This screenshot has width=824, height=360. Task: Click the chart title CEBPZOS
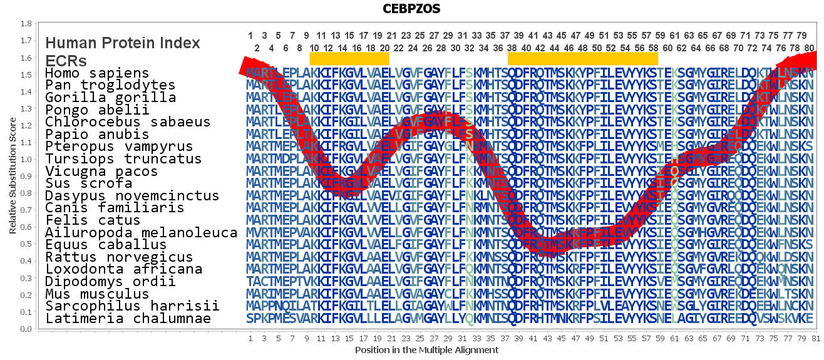pyautogui.click(x=411, y=9)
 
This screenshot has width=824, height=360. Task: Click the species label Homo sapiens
pyautogui.click(x=97, y=73)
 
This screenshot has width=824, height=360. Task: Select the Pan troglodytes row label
pyautogui.click(x=110, y=85)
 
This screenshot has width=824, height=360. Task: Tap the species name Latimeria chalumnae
pyautogui.click(x=127, y=319)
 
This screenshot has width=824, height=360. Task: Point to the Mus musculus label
pyautogui.click(x=97, y=294)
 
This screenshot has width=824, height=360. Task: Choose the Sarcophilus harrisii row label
pyautogui.click(x=132, y=306)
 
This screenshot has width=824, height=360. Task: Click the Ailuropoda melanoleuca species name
pyautogui.click(x=141, y=232)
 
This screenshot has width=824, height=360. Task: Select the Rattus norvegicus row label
pyautogui.click(x=119, y=257)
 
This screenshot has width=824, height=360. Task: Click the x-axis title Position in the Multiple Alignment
pyautogui.click(x=426, y=350)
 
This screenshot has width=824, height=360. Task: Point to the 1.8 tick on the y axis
pyautogui.click(x=26, y=24)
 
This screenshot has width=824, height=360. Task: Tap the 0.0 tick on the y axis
pyautogui.click(x=26, y=329)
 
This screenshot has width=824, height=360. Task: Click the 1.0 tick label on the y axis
pyautogui.click(x=26, y=159)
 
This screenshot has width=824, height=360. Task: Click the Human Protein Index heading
pyautogui.click(x=123, y=43)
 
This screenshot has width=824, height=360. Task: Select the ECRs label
pyautogui.click(x=66, y=61)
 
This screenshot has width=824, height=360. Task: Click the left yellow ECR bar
pyautogui.click(x=349, y=58)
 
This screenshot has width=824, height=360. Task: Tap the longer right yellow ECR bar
pyautogui.click(x=582, y=58)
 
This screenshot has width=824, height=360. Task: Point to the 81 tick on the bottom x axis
pyautogui.click(x=815, y=339)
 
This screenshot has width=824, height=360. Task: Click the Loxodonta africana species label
pyautogui.click(x=123, y=269)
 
